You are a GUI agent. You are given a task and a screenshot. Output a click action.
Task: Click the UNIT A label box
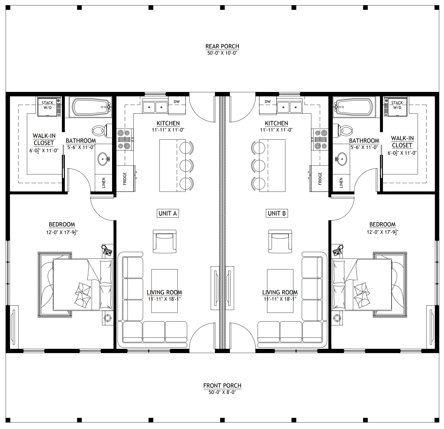(x=168, y=213)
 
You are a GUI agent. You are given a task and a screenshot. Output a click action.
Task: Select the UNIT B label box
(x=277, y=213)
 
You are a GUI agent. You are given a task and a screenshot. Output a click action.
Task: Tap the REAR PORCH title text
(x=222, y=46)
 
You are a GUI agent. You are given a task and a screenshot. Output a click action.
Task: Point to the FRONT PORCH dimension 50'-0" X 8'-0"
(x=222, y=392)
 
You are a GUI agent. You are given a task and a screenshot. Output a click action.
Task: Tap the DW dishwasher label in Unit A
(x=177, y=102)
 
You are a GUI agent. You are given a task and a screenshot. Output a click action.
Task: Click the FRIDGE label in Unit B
(x=320, y=179)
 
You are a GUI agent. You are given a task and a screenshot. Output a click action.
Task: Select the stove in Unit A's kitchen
(x=125, y=139)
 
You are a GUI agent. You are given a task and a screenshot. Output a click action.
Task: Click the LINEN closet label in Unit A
(x=103, y=183)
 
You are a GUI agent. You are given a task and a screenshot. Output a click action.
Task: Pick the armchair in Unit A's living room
(x=164, y=241)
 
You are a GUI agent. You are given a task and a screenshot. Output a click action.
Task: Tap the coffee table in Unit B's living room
(x=280, y=291)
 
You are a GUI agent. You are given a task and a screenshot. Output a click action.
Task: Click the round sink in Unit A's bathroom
(x=103, y=159)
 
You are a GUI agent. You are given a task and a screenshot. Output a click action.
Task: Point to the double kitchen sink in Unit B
(x=289, y=107)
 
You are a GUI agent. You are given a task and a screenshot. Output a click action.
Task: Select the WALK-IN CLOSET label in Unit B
(x=402, y=142)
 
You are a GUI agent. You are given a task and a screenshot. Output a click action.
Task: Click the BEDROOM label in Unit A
(x=62, y=225)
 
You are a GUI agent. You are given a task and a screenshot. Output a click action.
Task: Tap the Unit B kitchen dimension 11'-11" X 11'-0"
(x=276, y=130)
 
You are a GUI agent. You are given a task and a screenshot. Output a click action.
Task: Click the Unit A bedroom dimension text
(x=62, y=232)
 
